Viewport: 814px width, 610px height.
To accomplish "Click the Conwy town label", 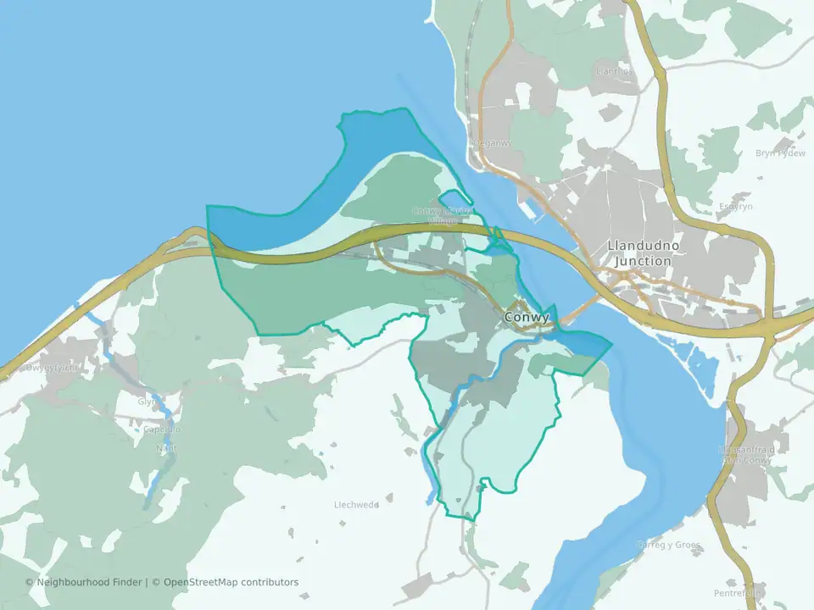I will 527,318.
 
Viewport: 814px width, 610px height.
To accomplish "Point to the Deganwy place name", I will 494,142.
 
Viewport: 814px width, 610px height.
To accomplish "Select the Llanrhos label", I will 614,71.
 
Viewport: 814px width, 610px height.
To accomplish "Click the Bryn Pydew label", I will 780,153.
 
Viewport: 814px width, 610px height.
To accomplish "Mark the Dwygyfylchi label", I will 52,369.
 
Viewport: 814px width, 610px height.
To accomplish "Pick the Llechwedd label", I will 356,505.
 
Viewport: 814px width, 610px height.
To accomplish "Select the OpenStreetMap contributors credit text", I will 231,582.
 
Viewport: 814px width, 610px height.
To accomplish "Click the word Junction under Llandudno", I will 642,262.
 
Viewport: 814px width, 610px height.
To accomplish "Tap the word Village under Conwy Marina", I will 443,220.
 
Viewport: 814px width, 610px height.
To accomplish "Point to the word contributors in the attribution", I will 270,582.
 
